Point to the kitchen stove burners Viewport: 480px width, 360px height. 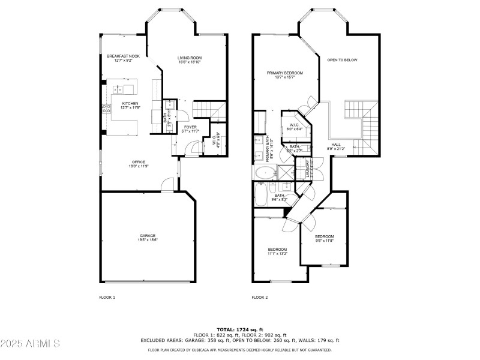[x=107, y=109]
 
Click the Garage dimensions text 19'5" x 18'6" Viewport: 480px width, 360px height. [x=148, y=240]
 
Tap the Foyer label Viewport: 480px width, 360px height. [x=190, y=127]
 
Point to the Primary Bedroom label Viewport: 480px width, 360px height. [x=284, y=73]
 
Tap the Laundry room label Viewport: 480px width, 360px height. [x=308, y=166]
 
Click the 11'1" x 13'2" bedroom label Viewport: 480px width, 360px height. [x=277, y=250]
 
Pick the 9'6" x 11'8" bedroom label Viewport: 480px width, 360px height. [x=324, y=236]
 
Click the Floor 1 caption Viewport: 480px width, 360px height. [x=107, y=297]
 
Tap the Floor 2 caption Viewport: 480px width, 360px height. [x=259, y=297]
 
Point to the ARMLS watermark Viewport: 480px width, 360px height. [x=30, y=344]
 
